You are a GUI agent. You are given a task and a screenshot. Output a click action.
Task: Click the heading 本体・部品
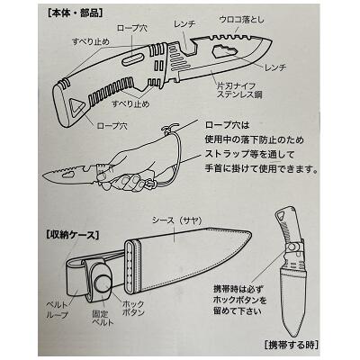[76, 13]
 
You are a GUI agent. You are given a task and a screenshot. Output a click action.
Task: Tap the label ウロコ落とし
[242, 20]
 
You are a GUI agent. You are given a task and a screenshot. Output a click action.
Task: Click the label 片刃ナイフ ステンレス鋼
[239, 91]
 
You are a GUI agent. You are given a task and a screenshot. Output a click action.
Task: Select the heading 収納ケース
[73, 235]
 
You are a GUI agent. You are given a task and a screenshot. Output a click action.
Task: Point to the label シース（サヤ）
[176, 220]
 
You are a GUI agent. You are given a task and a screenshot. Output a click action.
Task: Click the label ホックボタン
[133, 309]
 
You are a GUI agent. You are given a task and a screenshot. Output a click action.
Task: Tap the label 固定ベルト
[103, 319]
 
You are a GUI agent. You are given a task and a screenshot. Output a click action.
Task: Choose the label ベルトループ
[58, 310]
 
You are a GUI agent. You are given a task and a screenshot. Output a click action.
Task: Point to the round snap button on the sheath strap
[103, 283]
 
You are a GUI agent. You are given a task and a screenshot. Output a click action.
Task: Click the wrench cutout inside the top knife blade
[223, 52]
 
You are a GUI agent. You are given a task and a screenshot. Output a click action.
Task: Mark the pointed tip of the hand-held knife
[43, 175]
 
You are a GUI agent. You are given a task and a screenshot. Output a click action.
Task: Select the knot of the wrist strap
[166, 130]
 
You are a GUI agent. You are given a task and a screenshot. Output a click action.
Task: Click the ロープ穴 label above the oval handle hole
[131, 28]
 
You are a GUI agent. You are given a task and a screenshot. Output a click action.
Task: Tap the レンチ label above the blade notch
[184, 24]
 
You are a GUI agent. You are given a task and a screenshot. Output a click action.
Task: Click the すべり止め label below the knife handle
[130, 104]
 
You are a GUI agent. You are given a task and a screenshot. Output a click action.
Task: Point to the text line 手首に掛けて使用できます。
[261, 169]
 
